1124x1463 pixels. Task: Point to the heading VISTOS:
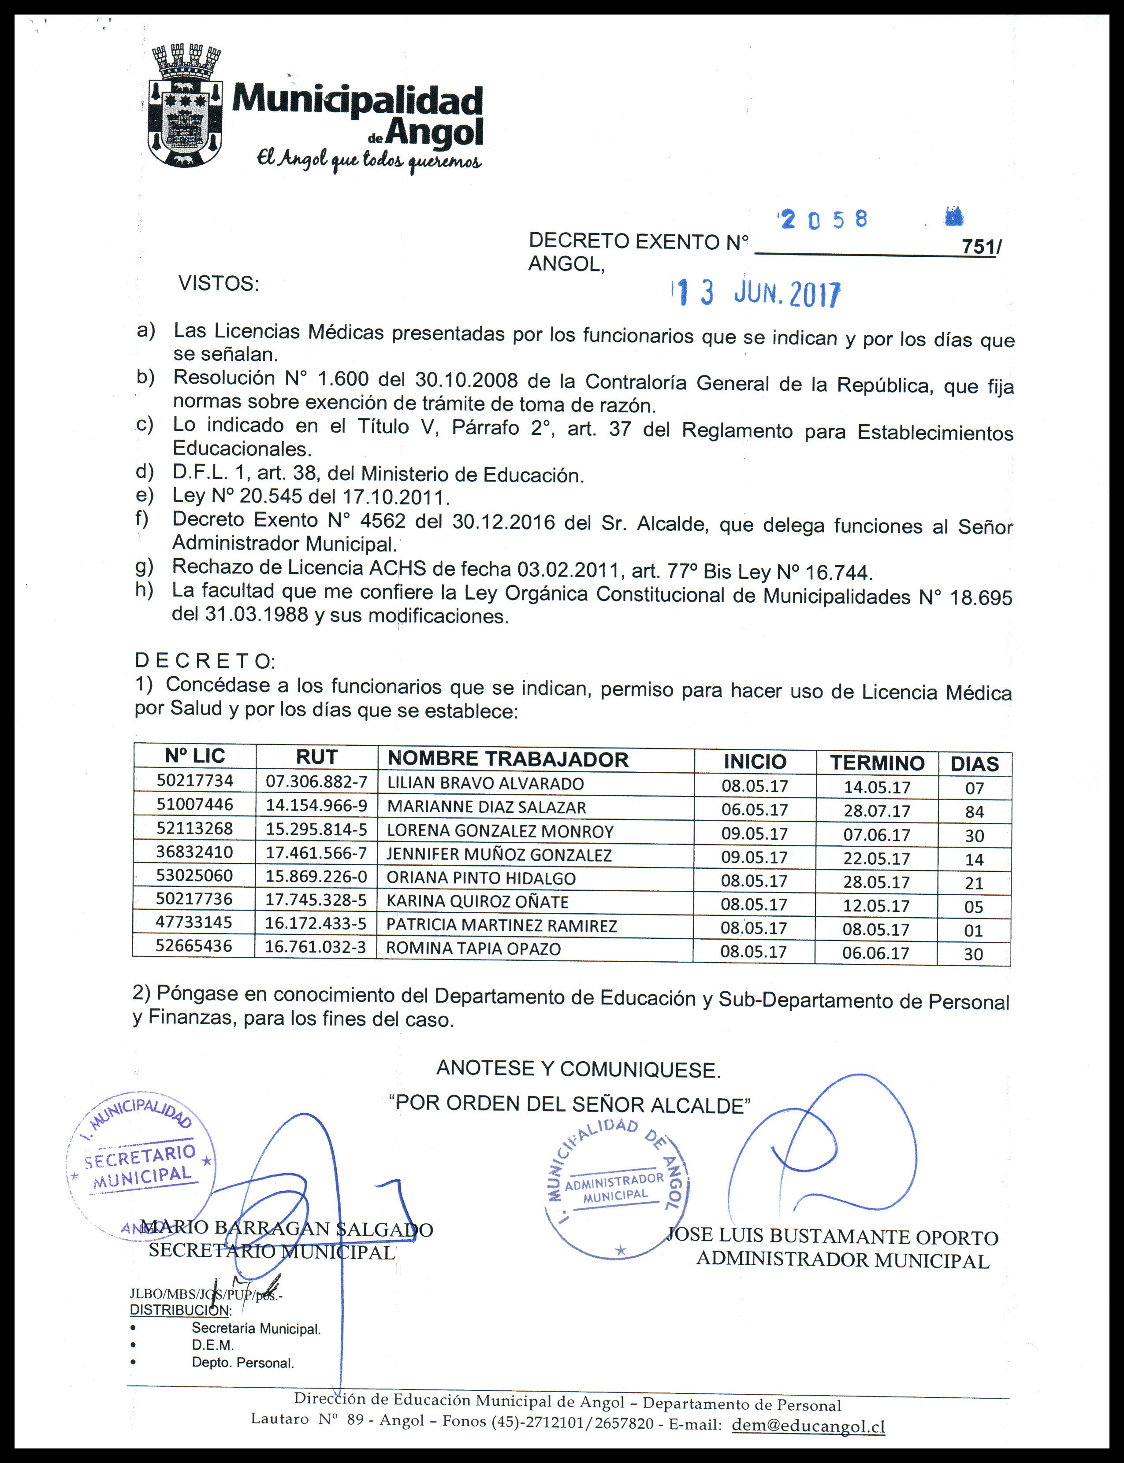218,284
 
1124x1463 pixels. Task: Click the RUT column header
316,757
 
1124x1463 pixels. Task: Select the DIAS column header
974,763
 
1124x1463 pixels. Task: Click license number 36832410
195,852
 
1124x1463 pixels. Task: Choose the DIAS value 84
974,812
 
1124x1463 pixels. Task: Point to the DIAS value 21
974,883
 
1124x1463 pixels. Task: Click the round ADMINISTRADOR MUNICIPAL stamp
617,1185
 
